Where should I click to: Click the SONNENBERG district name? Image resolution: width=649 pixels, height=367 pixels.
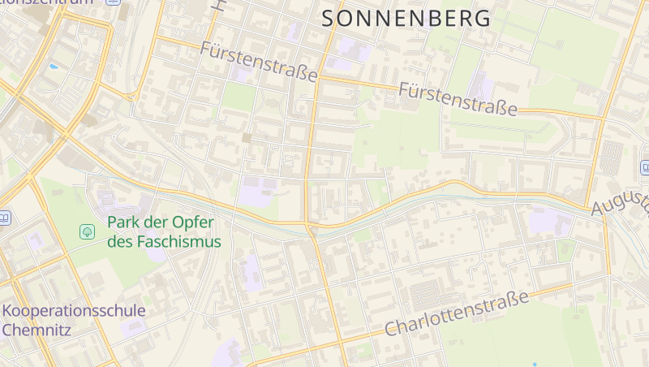[x=406, y=18]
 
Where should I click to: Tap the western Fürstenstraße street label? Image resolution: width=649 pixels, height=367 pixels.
[x=259, y=61]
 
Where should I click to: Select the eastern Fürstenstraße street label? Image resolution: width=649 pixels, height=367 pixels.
[x=458, y=99]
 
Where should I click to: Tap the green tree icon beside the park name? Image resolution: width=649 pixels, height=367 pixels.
[x=87, y=232]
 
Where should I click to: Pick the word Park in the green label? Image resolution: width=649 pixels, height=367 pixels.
[x=125, y=222]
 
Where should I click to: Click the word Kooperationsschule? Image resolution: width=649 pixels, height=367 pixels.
[x=74, y=310]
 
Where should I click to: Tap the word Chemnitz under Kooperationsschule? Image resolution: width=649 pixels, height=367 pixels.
[x=37, y=330]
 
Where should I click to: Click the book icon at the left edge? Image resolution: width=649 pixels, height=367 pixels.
[x=4, y=218]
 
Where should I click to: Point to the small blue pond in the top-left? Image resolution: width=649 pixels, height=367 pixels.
[x=53, y=66]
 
